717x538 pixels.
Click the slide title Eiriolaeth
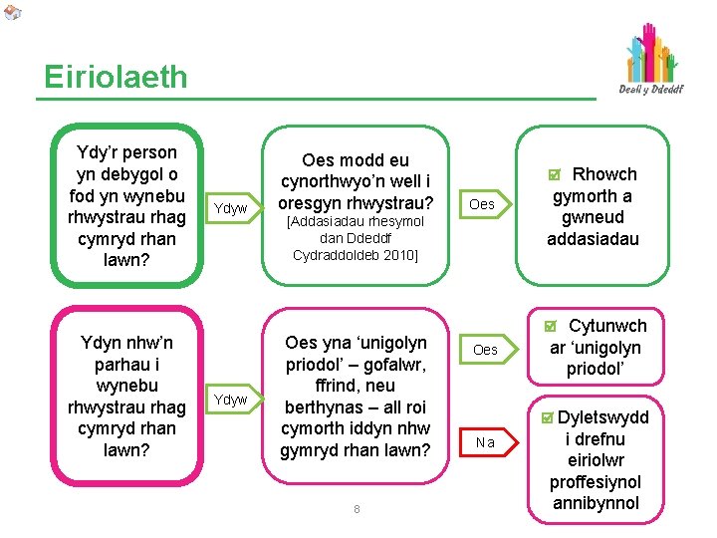tap(116, 77)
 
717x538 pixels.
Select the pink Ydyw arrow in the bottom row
tap(231, 400)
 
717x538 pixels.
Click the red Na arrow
tap(485, 440)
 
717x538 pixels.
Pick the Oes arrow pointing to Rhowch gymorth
tap(482, 204)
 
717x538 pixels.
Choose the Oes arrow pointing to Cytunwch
tap(485, 350)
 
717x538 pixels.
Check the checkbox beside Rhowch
tap(555, 175)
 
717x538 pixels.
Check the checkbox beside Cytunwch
tap(552, 327)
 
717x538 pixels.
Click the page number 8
tap(357, 510)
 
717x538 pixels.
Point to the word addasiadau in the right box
tap(594, 239)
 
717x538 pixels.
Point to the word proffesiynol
tap(595, 482)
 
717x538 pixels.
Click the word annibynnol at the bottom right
tap(595, 503)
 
